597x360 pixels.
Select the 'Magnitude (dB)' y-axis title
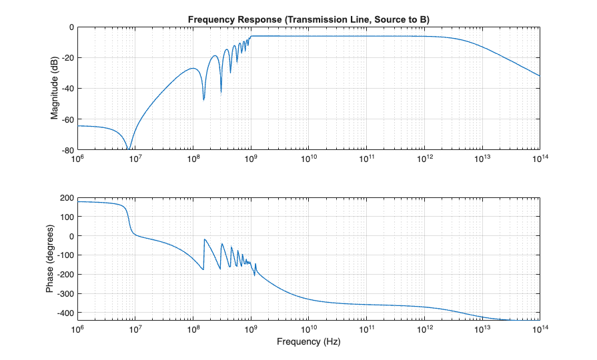pos(55,88)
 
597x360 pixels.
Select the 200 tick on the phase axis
pos(66,198)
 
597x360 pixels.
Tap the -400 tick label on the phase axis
pos(64,313)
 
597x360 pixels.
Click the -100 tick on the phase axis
pos(64,255)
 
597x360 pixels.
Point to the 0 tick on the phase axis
pos(71,236)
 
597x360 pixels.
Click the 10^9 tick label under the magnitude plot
pos(251,159)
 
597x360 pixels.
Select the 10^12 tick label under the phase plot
pos(424,329)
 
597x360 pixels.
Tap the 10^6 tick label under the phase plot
pos(78,329)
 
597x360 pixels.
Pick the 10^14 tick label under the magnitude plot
pos(539,159)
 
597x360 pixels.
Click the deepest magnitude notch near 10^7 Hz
pos(129,149)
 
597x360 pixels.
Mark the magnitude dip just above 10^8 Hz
pos(203,99)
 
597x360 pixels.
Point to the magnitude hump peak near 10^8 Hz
pos(193,68)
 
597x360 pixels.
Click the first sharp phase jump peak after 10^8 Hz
pos(205,239)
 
